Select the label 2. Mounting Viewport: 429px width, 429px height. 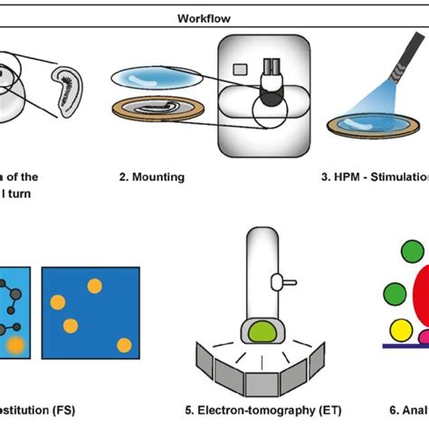155,176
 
